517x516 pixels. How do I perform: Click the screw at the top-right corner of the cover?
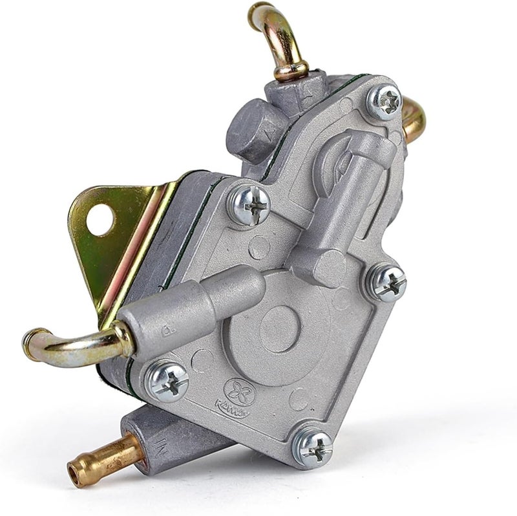point(385,101)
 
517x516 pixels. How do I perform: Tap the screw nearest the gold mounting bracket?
point(249,206)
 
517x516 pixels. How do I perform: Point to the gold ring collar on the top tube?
point(291,70)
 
